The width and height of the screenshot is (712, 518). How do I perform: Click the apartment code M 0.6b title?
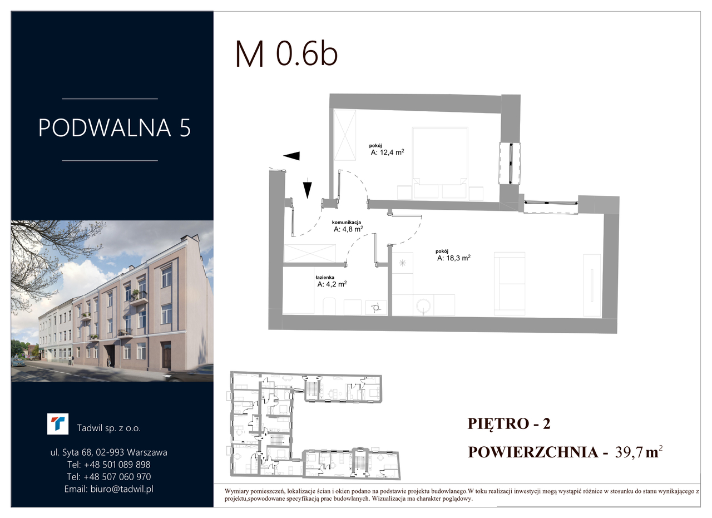point(286,54)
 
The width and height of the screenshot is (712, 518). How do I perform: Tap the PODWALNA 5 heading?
point(115,128)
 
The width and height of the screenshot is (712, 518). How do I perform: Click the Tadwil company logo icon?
point(57,424)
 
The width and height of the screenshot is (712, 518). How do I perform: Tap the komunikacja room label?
point(347,223)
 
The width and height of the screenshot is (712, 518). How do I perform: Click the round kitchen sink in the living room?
point(423,306)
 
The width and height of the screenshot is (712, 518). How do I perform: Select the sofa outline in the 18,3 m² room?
point(510,284)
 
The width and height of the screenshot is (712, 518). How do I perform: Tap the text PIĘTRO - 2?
point(509,424)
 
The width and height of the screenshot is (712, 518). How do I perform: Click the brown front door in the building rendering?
point(166,356)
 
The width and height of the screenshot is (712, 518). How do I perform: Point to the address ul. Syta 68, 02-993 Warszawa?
point(108,452)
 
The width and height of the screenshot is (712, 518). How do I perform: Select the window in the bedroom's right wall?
point(510,164)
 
